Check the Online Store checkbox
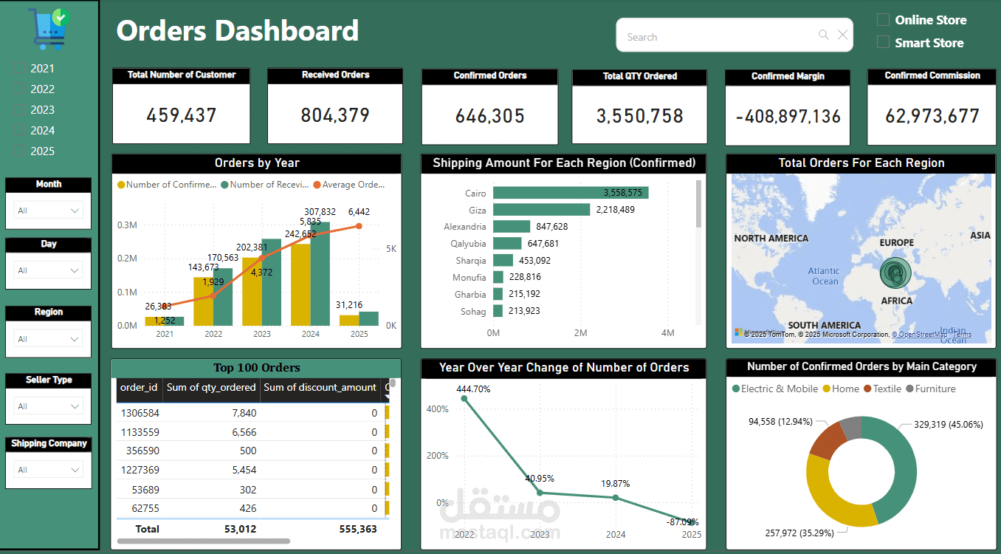[x=883, y=20]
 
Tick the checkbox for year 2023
[x=19, y=110]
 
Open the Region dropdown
[x=49, y=339]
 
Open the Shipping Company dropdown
[x=49, y=470]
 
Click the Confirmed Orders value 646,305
[x=490, y=116]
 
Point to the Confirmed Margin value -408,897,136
[x=787, y=117]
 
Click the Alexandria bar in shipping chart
[x=512, y=227]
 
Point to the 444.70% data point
[x=464, y=399]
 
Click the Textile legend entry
[x=882, y=389]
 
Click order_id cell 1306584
[x=140, y=413]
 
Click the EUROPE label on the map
[x=896, y=242]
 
